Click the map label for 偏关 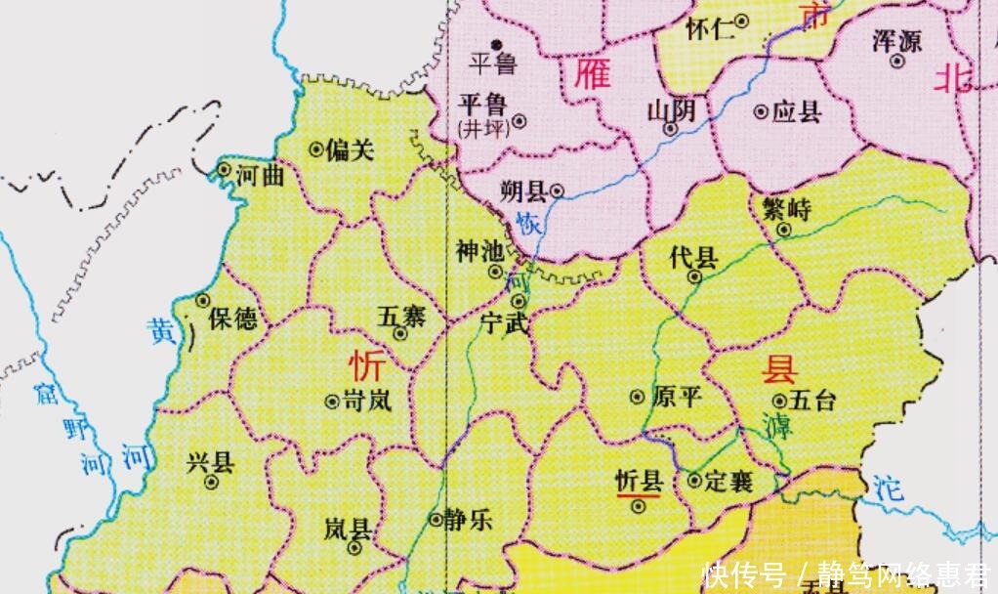point(350,149)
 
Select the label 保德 point(234,318)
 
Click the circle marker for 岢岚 point(329,400)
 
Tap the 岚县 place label point(348,530)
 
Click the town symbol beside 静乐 point(436,519)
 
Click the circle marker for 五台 point(778,400)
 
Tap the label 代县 point(693,257)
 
